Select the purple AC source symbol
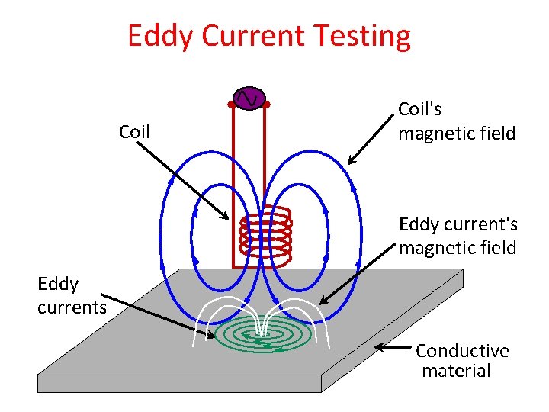pyautogui.click(x=249, y=98)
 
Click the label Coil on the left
pyautogui.click(x=134, y=132)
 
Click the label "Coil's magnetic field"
pyautogui.click(x=456, y=121)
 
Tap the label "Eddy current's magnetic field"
pyautogui.click(x=458, y=236)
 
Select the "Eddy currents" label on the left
pyautogui.click(x=72, y=295)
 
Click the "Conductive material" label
pyautogui.click(x=462, y=361)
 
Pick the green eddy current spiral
pyautogui.click(x=263, y=334)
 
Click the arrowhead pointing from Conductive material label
pyautogui.click(x=380, y=347)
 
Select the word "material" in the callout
pyautogui.click(x=456, y=372)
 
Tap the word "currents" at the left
pyautogui.click(x=72, y=307)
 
